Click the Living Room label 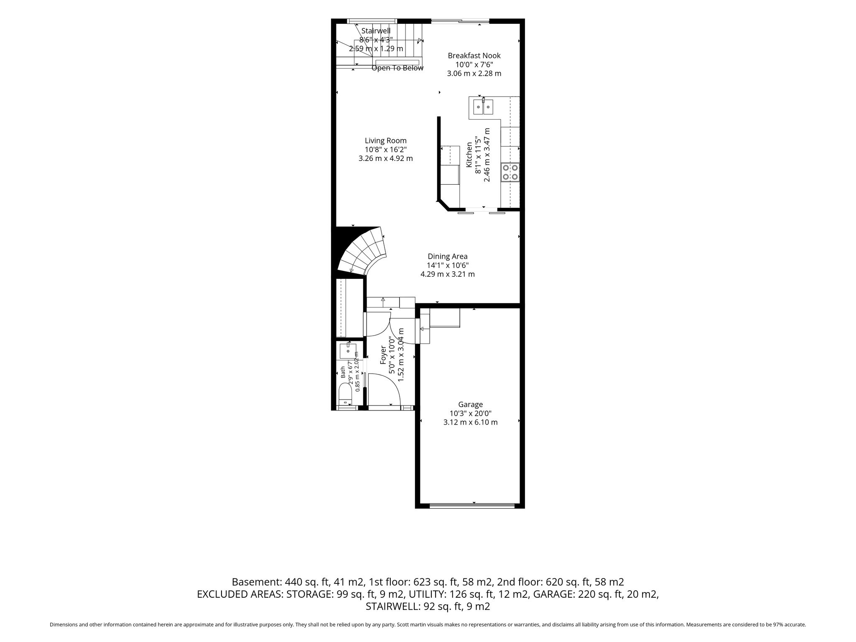pyautogui.click(x=385, y=141)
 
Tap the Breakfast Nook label pyautogui.click(x=474, y=56)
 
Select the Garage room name pyautogui.click(x=470, y=405)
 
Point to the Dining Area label pyautogui.click(x=447, y=257)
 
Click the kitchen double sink pyautogui.click(x=483, y=107)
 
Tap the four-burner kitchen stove pyautogui.click(x=510, y=172)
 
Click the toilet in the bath pyautogui.click(x=345, y=395)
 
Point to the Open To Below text pyautogui.click(x=397, y=68)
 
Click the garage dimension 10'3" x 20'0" pyautogui.click(x=470, y=414)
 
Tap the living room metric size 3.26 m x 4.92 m pyautogui.click(x=385, y=159)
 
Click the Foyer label pyautogui.click(x=383, y=354)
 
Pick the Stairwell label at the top pyautogui.click(x=376, y=31)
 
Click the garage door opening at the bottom pyautogui.click(x=472, y=506)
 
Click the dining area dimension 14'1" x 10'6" pyautogui.click(x=447, y=265)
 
